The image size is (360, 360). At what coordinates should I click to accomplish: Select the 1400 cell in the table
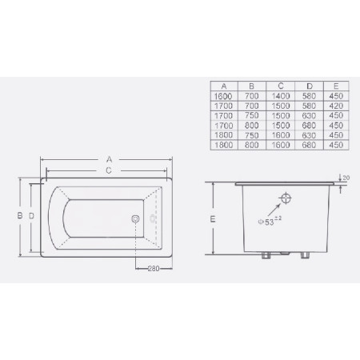click(x=280, y=95)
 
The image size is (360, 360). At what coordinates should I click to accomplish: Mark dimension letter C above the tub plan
click(x=108, y=170)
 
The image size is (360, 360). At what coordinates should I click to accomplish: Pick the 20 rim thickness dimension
click(x=344, y=178)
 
